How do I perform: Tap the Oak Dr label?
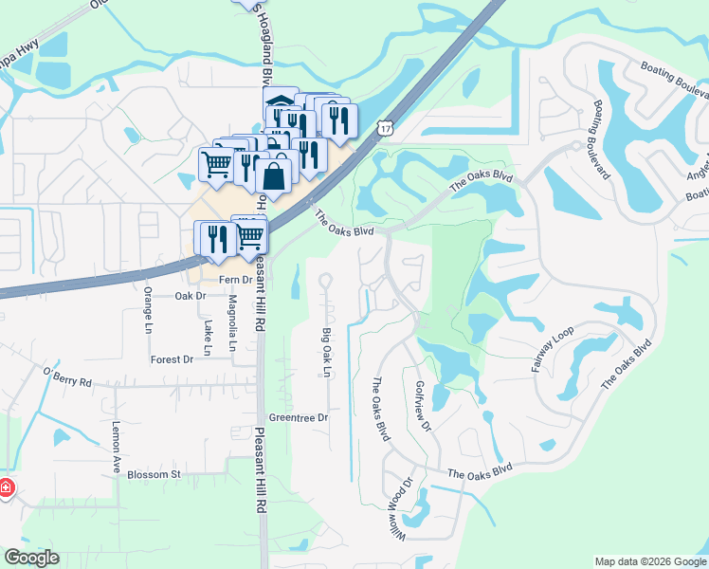click(x=191, y=296)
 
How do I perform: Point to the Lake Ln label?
click(x=208, y=329)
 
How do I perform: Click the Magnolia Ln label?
click(x=232, y=322)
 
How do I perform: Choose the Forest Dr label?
click(x=172, y=359)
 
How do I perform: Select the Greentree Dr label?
click(x=298, y=417)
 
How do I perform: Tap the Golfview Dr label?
click(x=423, y=407)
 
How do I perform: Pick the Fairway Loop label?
click(x=553, y=349)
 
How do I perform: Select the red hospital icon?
click(x=6, y=487)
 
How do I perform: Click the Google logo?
click(x=30, y=558)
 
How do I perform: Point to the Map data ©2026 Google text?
click(x=650, y=561)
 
